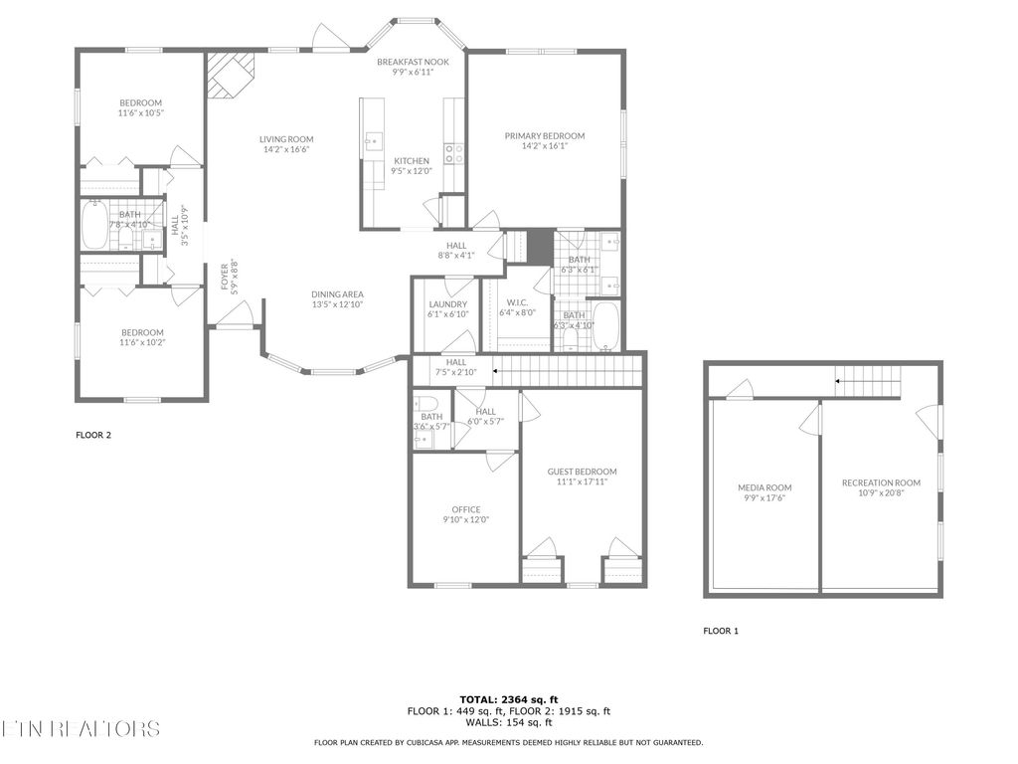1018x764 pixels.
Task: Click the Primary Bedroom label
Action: coord(544,136)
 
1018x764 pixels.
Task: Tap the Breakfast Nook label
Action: coord(413,62)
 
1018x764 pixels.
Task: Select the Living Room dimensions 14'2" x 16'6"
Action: coord(286,149)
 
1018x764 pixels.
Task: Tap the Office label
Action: coord(465,509)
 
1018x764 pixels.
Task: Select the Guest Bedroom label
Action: coord(582,472)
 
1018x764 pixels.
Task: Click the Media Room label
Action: coord(763,487)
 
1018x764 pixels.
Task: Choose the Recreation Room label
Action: coord(880,482)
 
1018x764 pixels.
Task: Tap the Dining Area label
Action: coord(337,293)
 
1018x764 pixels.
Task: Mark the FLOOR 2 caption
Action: coord(93,435)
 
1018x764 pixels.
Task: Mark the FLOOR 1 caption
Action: coord(721,631)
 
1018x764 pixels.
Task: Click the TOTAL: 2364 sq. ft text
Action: coord(508,699)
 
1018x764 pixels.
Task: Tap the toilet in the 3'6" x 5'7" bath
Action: coord(421,404)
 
